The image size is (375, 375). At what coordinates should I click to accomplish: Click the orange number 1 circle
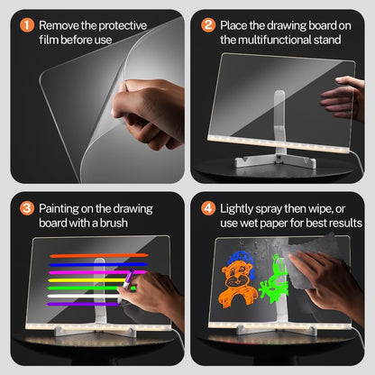pyautogui.click(x=25, y=25)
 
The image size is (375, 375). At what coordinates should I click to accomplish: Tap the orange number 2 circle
pyautogui.click(x=208, y=25)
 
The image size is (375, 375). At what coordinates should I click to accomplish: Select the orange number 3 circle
pyautogui.click(x=25, y=208)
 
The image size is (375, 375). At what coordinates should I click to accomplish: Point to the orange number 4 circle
pyautogui.click(x=208, y=208)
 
